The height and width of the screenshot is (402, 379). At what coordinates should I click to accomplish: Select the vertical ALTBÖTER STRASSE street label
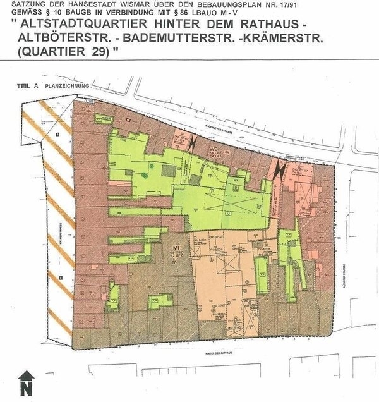342,262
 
